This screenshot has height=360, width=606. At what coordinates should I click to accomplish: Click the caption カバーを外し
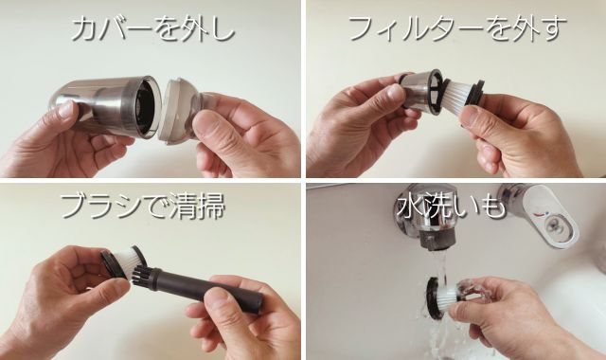point(153,29)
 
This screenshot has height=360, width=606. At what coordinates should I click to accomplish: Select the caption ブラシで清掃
point(142,206)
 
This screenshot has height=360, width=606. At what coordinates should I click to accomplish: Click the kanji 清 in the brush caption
point(184,207)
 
